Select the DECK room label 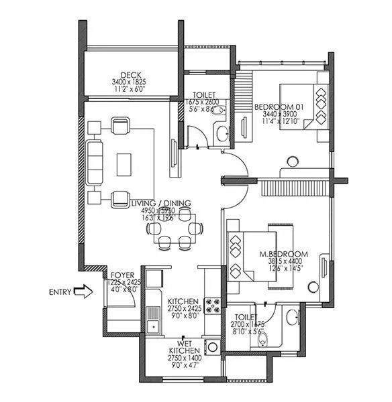pyautogui.click(x=130, y=74)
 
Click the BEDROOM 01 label pyautogui.click(x=277, y=107)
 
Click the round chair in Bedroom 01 pyautogui.click(x=292, y=161)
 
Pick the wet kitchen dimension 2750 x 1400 pyautogui.click(x=182, y=358)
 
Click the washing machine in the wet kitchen pyautogui.click(x=213, y=346)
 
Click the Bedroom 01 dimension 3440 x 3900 pyautogui.click(x=277, y=115)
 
